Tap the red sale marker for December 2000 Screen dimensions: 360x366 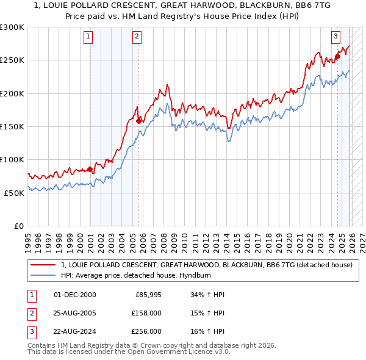(90, 169)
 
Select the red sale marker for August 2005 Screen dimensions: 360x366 (138, 121)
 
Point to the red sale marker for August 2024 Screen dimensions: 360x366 (337, 57)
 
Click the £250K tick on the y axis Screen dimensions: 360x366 (12, 60)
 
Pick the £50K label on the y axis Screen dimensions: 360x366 (14, 192)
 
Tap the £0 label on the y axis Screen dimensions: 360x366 (19, 226)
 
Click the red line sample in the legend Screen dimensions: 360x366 (43, 265)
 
